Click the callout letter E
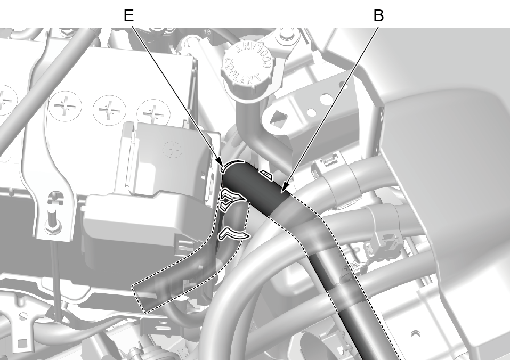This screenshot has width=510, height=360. pyautogui.click(x=129, y=15)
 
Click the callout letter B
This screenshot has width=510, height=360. pyautogui.click(x=378, y=15)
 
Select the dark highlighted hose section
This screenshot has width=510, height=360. pyautogui.click(x=254, y=189)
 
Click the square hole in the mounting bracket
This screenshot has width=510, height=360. pyautogui.click(x=277, y=119)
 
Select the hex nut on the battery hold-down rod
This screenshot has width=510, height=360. pyautogui.click(x=51, y=227)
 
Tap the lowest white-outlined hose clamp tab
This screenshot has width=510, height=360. pyautogui.click(x=233, y=234)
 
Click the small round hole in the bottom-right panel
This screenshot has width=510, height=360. pyautogui.click(x=415, y=334)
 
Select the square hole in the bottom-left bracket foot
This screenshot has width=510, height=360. pyautogui.click(x=22, y=343)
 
